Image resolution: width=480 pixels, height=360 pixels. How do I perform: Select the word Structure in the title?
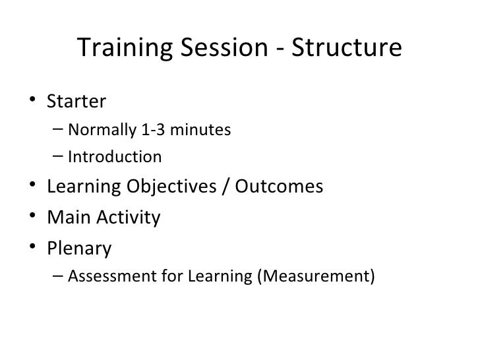[345, 49]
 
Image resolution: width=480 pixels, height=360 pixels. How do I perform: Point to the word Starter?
[76, 102]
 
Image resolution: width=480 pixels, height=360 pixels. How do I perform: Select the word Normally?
[101, 129]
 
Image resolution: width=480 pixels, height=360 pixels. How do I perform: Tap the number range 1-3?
[150, 129]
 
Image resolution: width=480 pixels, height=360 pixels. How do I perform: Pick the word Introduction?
[114, 157]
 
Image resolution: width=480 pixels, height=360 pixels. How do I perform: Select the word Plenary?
[79, 249]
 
